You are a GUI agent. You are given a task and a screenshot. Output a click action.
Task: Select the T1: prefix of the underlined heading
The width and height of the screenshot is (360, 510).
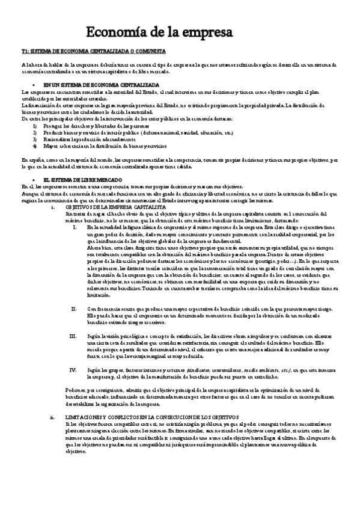pos(25,52)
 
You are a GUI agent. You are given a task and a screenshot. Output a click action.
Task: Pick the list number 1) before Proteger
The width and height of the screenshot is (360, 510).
pos(35,126)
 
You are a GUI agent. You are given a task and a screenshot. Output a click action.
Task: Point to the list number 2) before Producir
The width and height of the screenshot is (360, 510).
pos(35,133)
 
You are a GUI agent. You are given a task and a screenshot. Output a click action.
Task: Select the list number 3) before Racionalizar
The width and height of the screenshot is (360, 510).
pos(35,140)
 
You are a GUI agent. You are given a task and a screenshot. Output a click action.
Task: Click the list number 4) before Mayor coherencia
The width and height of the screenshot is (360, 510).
pos(35,146)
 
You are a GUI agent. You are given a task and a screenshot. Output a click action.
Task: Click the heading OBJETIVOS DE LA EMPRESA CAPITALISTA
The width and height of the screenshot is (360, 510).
pos(106,206)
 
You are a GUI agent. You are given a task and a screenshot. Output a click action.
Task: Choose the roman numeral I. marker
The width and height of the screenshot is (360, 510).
pos(74,226)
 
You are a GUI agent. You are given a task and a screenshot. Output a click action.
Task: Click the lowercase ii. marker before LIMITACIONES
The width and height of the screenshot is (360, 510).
pos(52,416)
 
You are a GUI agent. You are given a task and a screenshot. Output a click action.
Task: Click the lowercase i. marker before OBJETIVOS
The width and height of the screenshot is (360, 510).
pos(53,206)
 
